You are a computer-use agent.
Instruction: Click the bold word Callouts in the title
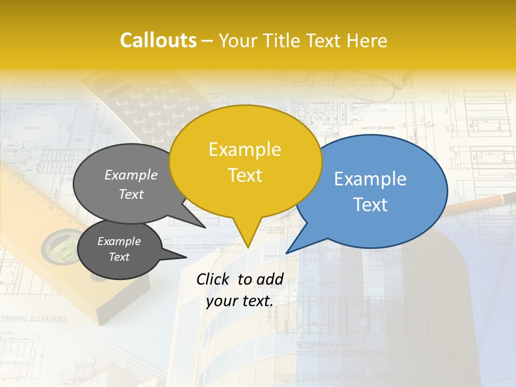pos(158,40)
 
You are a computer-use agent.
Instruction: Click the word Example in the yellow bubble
pos(245,149)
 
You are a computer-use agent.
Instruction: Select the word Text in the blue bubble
pos(370,205)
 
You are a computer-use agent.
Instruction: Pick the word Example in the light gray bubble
pos(131,175)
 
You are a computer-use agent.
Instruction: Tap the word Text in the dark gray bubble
pos(119,257)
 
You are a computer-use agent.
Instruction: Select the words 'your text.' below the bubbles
pos(240,301)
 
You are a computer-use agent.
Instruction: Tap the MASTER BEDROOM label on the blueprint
pos(377,128)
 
